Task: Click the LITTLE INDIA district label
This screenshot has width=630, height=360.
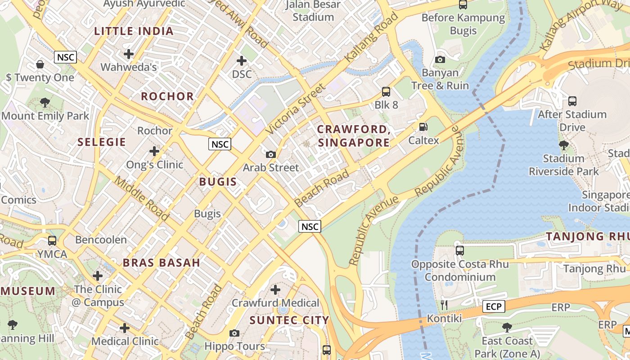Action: point(134,31)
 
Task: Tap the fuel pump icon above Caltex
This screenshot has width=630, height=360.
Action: point(423,127)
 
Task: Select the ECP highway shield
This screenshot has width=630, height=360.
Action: point(494,306)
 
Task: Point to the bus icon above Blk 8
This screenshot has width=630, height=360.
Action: point(386,92)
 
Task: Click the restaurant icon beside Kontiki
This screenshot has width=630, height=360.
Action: point(444,305)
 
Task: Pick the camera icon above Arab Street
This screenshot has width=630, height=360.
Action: point(270,154)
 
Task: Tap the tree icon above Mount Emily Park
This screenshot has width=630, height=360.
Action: point(45,103)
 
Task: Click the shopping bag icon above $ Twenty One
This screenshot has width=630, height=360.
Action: point(40,64)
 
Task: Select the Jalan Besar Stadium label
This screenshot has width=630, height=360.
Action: point(313,11)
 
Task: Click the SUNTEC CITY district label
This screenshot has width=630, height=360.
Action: point(289,320)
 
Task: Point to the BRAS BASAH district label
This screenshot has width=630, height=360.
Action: point(161,263)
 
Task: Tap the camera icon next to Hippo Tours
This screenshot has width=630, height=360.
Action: point(234,333)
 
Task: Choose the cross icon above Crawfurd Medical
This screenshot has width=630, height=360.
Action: point(275,289)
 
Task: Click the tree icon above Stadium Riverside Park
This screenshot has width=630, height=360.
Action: point(563,145)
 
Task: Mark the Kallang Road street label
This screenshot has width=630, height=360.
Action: point(372,37)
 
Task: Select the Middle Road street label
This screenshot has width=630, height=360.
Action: point(141,198)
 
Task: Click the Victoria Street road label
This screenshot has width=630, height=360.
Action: point(295,108)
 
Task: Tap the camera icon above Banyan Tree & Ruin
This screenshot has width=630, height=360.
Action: point(440,59)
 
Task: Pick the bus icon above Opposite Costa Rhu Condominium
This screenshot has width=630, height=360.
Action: point(459,250)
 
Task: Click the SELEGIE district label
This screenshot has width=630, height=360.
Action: point(101,142)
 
